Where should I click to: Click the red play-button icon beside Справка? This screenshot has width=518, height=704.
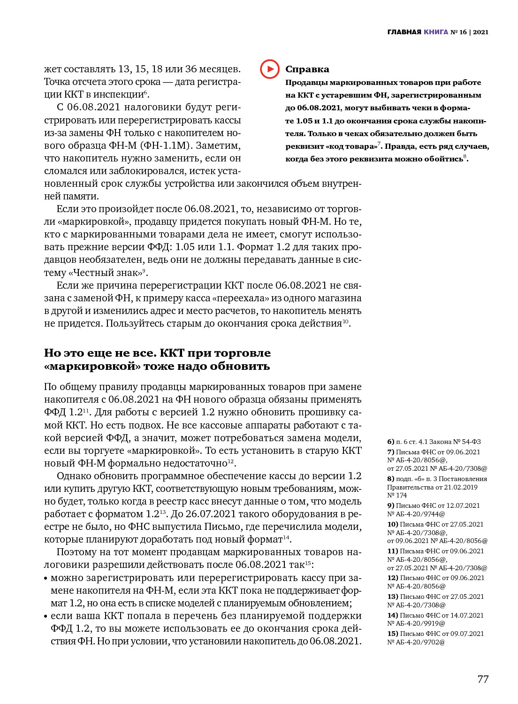point(270,69)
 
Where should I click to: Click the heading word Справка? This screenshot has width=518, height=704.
point(307,69)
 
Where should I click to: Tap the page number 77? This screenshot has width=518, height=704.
point(483,679)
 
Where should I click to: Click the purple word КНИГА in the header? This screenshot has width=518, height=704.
point(436,32)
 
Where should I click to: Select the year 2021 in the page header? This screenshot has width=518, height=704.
point(481,32)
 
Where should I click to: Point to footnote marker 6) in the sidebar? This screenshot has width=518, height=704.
point(390,442)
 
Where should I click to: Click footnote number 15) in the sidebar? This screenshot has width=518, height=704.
point(393,634)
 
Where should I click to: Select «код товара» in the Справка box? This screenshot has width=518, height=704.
point(351,146)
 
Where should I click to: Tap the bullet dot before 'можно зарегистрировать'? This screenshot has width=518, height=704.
point(46,579)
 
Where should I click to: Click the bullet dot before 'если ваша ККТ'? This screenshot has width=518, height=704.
point(46,617)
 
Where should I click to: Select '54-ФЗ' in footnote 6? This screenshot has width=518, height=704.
point(471,442)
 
